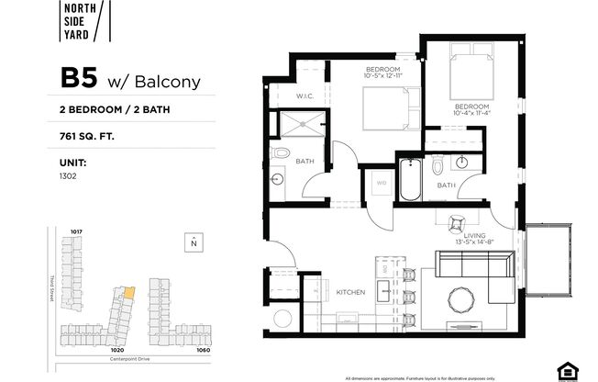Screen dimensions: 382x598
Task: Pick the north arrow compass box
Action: click(193, 242)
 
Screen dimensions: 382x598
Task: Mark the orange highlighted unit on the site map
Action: click(128, 293)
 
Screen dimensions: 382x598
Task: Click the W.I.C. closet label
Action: click(306, 96)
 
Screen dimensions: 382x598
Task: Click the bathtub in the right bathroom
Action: click(410, 182)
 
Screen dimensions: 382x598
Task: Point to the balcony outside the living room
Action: click(549, 262)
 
